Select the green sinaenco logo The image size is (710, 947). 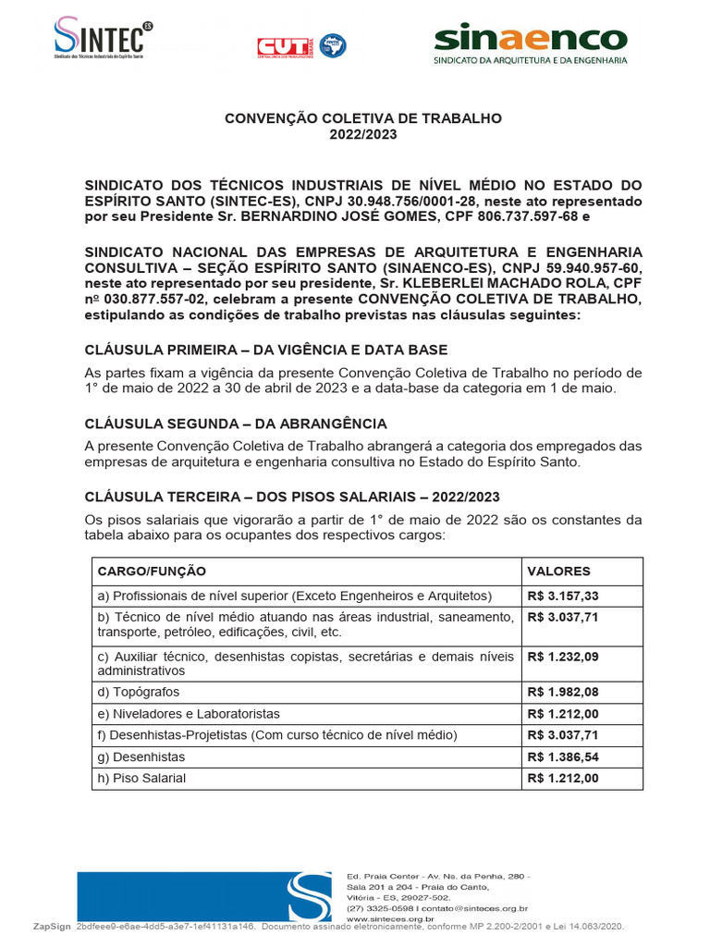(531, 44)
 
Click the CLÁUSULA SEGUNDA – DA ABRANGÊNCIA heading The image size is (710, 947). (236, 424)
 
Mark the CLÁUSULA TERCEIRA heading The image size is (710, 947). (304, 498)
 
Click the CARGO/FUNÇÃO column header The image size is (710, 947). (152, 572)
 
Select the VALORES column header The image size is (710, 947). (558, 572)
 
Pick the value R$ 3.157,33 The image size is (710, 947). (563, 596)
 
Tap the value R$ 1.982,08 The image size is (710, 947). (563, 692)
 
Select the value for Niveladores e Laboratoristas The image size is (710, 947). (563, 713)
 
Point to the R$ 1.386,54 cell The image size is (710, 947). (563, 756)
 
